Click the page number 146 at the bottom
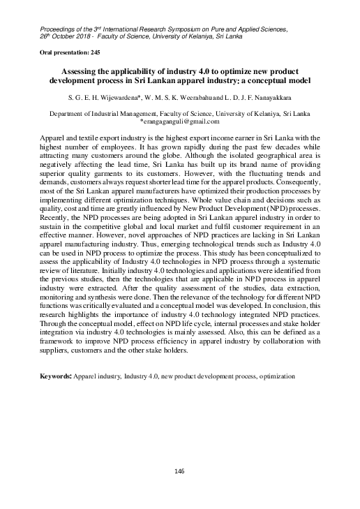click(x=180, y=473)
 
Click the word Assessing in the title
click(x=86, y=72)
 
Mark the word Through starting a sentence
click(x=55, y=334)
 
